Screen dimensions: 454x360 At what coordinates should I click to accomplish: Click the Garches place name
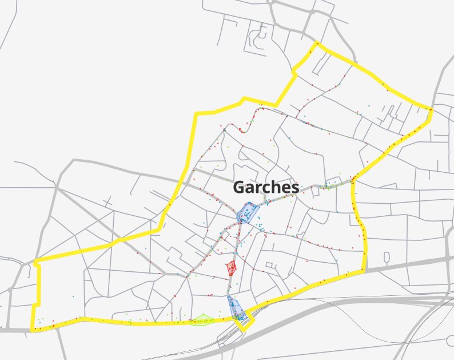tap(266, 187)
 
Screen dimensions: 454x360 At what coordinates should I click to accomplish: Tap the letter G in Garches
tap(240, 187)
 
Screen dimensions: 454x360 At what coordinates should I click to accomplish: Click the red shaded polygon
tap(231, 267)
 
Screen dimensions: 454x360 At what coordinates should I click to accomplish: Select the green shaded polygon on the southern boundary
tap(202, 319)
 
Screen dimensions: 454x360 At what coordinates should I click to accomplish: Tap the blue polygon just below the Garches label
tap(247, 212)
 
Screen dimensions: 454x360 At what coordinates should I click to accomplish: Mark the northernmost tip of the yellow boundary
tap(316, 43)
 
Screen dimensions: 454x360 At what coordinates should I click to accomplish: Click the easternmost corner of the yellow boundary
tap(431, 109)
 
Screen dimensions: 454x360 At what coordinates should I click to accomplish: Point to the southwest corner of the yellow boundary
tap(33, 330)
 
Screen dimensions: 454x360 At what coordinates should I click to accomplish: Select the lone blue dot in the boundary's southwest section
tap(74, 296)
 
